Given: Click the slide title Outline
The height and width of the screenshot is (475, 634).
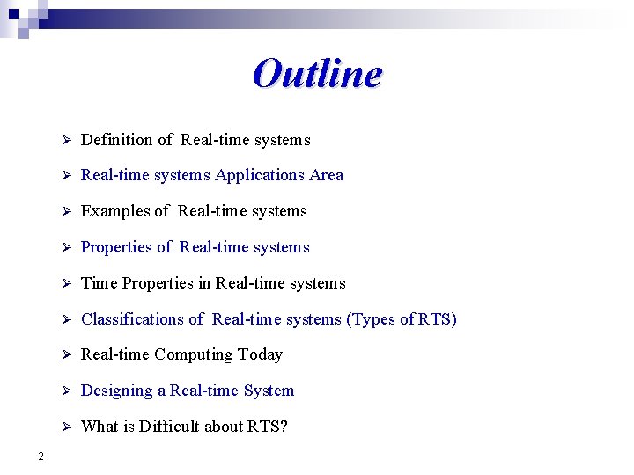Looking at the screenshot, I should [317, 74].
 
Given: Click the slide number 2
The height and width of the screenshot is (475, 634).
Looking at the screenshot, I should [41, 456].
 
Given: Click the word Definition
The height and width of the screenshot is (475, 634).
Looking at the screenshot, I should [117, 140].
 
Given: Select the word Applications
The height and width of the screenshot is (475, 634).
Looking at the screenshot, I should [260, 175].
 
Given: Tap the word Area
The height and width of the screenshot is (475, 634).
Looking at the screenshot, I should [326, 175].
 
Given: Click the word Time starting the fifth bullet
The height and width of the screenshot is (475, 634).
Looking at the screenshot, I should [100, 283].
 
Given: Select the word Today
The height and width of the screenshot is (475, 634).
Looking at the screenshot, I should [262, 354].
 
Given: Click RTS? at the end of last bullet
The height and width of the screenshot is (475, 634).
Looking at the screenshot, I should [268, 427].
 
